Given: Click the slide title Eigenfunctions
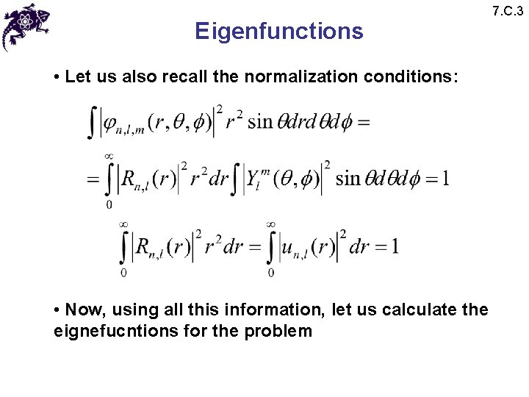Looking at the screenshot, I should click(278, 32).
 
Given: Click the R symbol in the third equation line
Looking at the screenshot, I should click(143, 246).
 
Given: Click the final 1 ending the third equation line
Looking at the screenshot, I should click(395, 246).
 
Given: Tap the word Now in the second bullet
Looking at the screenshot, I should click(82, 310).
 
